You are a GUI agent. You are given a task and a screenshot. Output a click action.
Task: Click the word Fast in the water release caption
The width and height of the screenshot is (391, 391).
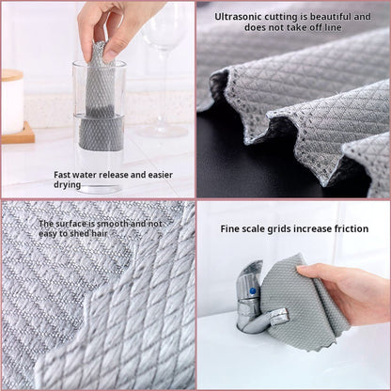pos(63,174)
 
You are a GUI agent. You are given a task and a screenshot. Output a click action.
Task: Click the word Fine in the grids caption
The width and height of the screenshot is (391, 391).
pos(231,229)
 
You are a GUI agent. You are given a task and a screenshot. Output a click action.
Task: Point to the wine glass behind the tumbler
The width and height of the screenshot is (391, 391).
pos(164,56)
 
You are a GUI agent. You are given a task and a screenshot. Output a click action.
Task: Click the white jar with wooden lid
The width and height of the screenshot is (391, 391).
pos(12,102)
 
